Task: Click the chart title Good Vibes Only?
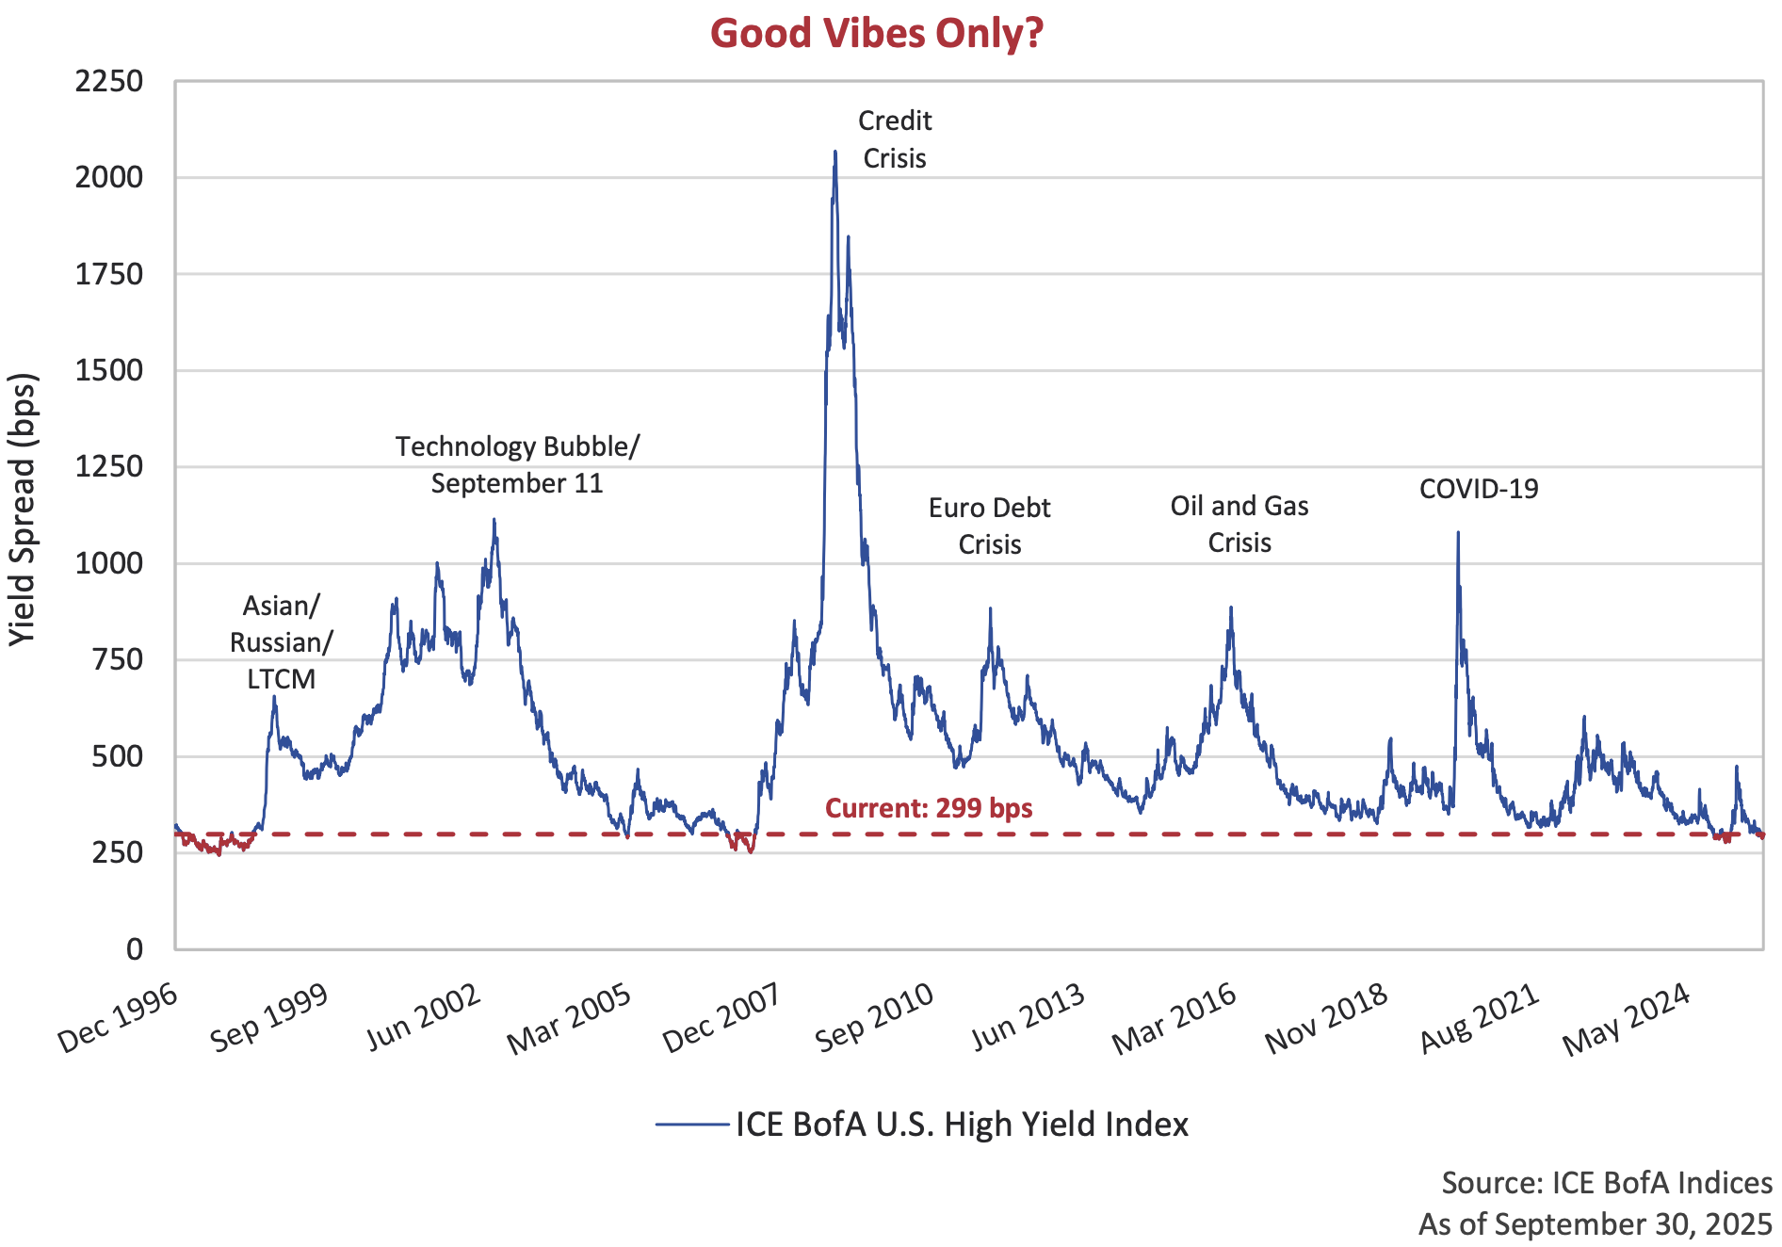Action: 876,34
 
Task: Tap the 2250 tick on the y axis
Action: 109,82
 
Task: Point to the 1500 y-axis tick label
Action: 109,370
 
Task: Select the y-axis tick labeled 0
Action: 135,949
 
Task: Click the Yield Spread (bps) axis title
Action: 23,510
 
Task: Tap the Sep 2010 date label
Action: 874,1018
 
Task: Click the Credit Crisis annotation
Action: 895,139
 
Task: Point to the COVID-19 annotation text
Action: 1479,489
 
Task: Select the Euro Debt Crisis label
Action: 989,526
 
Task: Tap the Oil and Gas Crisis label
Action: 1239,524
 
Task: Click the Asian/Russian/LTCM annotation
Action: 281,642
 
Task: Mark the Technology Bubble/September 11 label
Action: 517,464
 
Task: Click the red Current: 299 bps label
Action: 929,808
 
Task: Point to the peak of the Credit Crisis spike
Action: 834,152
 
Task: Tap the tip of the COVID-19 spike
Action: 1458,533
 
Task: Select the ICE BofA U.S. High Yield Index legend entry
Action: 923,1125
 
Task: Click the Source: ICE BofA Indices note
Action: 1607,1183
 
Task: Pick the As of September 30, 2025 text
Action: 1596,1223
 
